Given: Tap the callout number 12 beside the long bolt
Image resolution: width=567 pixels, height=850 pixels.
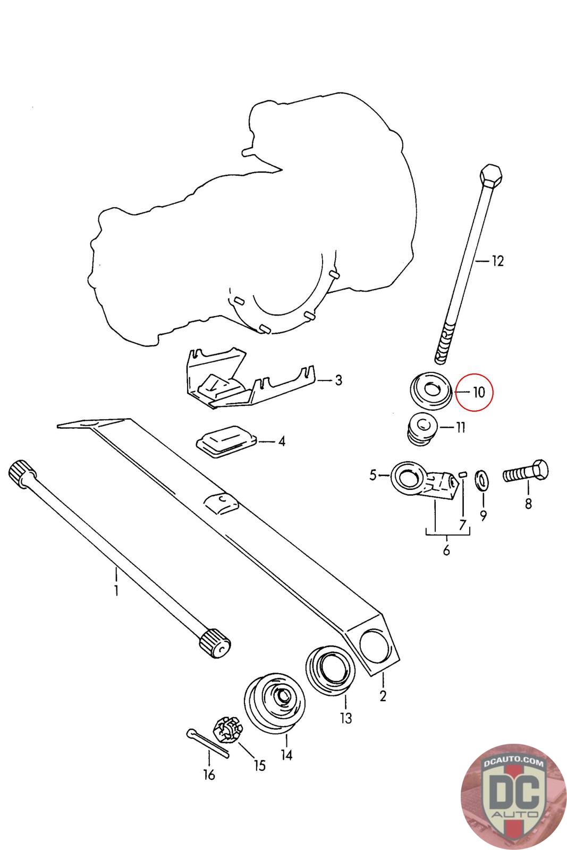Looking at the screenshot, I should coord(497,261).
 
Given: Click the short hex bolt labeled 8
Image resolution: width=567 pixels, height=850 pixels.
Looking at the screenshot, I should coord(525,472).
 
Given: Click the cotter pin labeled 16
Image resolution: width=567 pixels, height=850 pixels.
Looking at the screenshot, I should coord(207,744).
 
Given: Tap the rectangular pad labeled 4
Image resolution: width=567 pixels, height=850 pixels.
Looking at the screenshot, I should coord(227,442).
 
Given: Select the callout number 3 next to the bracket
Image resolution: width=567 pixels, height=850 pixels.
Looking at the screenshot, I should coord(338,380).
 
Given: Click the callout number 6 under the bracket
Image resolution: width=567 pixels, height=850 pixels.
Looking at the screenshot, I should coord(446,550).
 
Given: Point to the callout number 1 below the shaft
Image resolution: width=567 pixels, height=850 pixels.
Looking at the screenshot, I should coord(116,590).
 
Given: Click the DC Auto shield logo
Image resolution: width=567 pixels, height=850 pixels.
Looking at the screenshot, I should coord(512,797).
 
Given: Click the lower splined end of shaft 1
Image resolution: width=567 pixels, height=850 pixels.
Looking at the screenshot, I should coord(215,643).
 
